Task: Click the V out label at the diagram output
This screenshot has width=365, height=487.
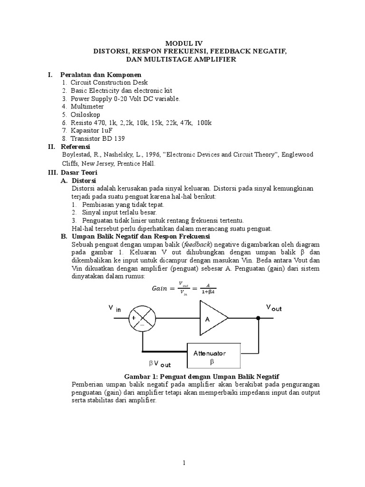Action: (x=273, y=307)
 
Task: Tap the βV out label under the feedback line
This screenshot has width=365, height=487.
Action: (x=159, y=364)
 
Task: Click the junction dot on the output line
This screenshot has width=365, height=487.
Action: (x=258, y=319)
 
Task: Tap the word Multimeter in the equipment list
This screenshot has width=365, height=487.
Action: (x=87, y=107)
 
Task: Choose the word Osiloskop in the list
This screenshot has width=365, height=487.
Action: (x=86, y=115)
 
